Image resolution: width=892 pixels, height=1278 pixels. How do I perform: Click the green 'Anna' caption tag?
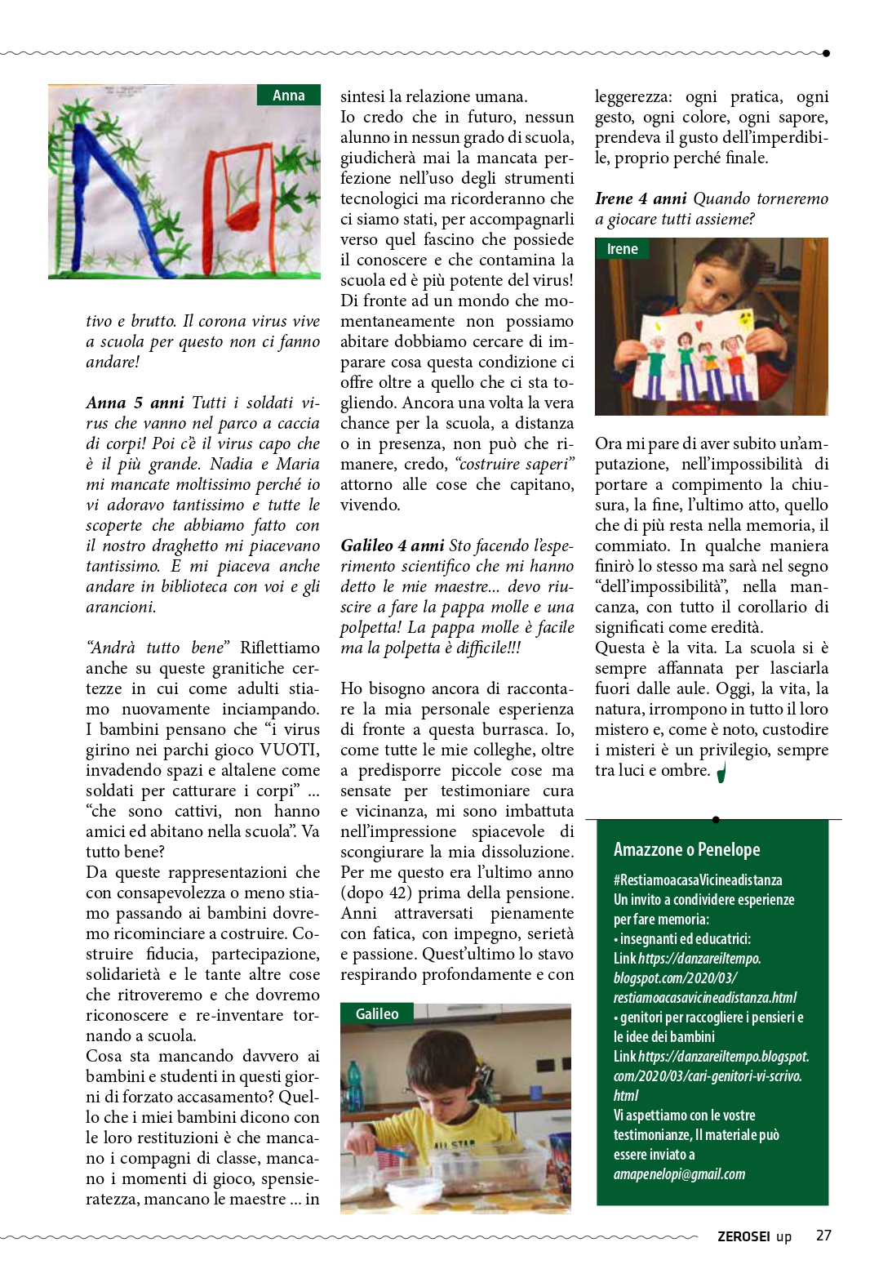(x=289, y=96)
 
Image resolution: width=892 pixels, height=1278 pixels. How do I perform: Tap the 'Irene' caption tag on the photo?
(x=622, y=249)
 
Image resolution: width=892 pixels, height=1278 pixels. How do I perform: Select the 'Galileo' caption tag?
(x=377, y=1014)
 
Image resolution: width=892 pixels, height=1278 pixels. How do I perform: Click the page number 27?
(x=823, y=1236)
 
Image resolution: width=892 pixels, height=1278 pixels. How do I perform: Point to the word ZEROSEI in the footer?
(x=743, y=1236)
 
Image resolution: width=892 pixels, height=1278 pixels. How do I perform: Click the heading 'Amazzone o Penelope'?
(x=686, y=849)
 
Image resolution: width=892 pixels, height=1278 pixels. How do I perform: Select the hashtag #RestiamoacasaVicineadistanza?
(x=698, y=880)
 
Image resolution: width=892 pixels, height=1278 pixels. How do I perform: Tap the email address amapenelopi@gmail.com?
(x=679, y=1174)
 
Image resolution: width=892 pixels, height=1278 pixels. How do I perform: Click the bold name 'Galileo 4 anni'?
(x=393, y=545)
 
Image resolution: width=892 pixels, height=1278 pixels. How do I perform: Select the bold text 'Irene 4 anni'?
(x=641, y=198)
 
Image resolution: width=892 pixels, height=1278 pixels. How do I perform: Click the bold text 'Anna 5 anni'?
(x=135, y=403)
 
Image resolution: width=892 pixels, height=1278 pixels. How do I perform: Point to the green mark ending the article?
(x=721, y=772)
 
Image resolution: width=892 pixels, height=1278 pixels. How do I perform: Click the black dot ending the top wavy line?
(x=826, y=53)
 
